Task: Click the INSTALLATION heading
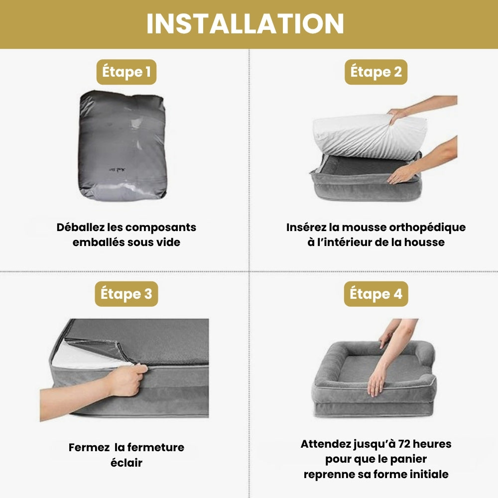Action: click(x=245, y=24)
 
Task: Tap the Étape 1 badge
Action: click(x=126, y=72)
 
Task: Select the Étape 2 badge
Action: click(x=376, y=72)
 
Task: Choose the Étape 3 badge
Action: click(x=126, y=294)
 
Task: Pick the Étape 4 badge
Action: click(x=376, y=294)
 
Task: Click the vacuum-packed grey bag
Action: click(x=123, y=145)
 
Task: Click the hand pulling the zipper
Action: click(x=126, y=380)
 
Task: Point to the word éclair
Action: click(x=126, y=463)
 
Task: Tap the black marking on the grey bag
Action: click(x=117, y=170)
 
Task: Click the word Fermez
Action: click(x=89, y=448)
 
